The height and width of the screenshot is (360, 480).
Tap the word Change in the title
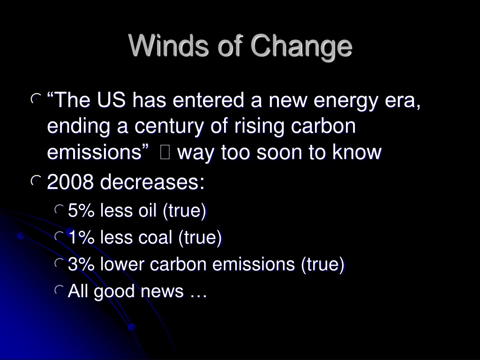coord(301,47)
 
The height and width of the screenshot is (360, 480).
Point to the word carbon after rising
coord(323,126)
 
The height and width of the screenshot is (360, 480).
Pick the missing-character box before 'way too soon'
coord(165,152)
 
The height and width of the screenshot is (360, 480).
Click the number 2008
coord(70,182)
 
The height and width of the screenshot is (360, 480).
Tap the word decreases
coord(152,182)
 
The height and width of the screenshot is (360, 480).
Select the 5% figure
coord(81,210)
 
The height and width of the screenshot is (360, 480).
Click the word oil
coord(148,210)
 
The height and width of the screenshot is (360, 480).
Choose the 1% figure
coord(81,237)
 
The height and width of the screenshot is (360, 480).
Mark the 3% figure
coord(81,264)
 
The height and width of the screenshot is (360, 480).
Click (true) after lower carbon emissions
coord(323,264)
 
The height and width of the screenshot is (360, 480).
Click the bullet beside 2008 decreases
coord(36,180)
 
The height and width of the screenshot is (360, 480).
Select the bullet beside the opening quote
coord(36,98)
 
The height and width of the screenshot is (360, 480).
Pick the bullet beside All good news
coord(59,290)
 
